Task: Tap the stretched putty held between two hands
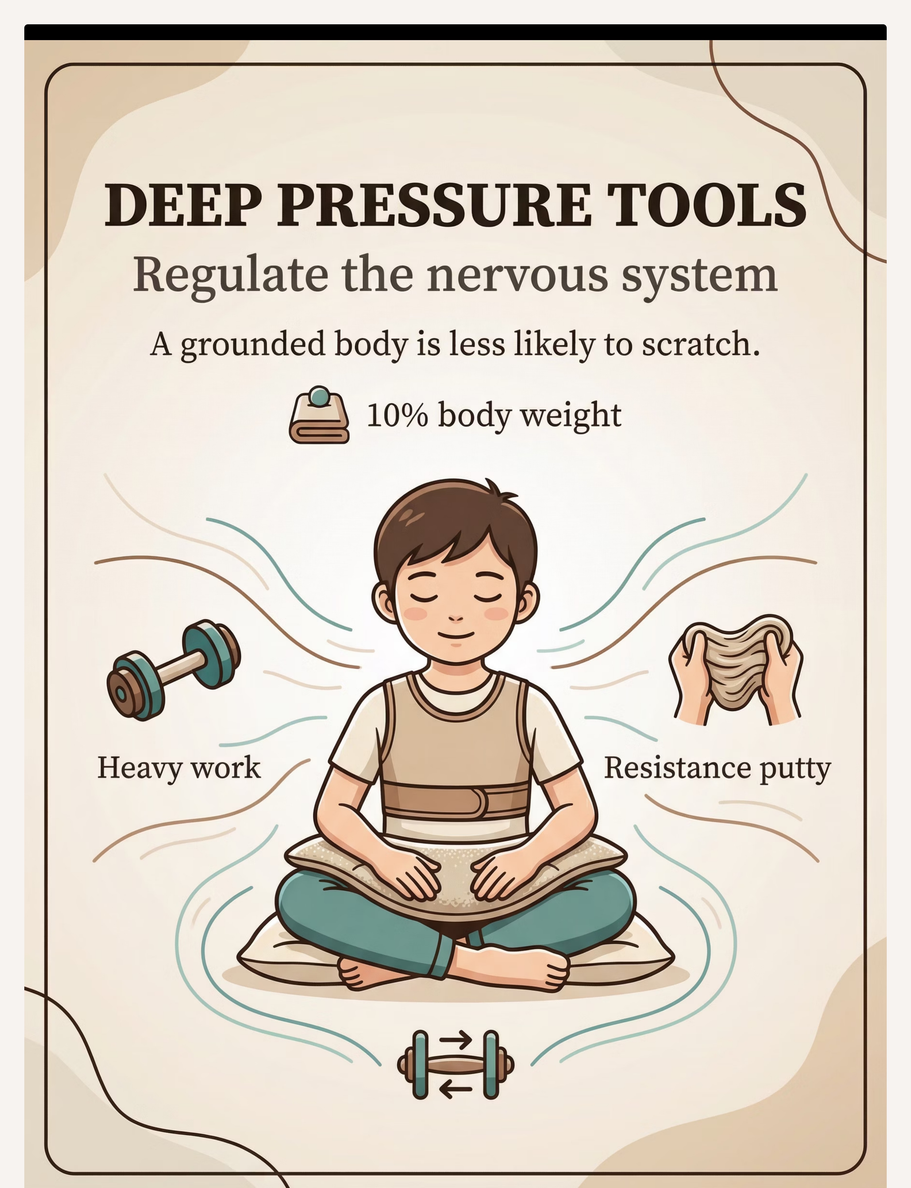736,669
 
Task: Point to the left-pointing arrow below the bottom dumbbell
455,1089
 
